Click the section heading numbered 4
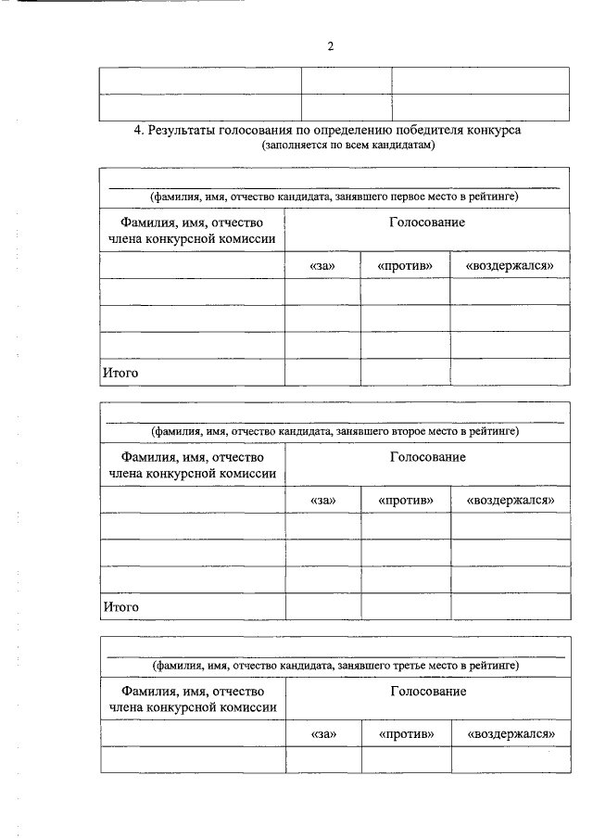[327, 131]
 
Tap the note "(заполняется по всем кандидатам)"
[347, 146]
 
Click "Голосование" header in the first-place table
[427, 222]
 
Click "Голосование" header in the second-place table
[427, 457]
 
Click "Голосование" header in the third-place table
[428, 692]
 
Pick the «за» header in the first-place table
[322, 266]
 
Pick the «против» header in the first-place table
[406, 266]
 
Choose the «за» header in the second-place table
[323, 501]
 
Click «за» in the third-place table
[323, 735]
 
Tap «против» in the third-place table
[407, 735]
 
